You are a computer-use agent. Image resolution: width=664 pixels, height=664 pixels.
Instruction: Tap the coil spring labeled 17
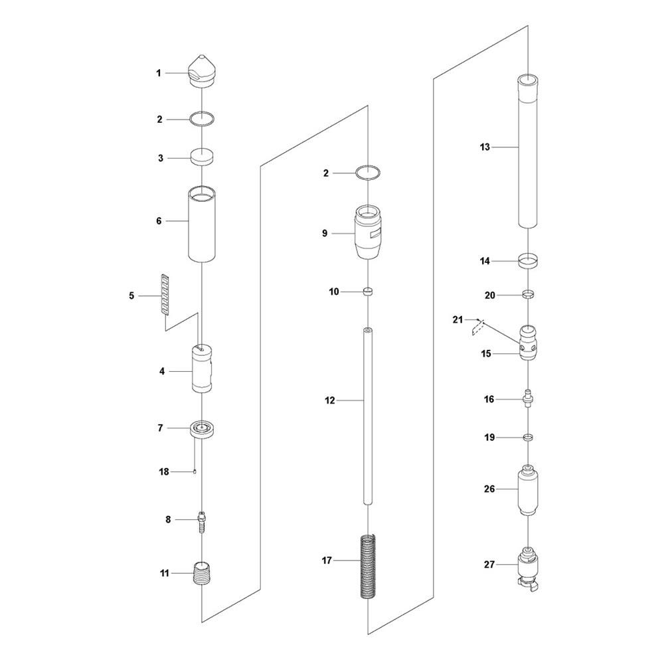click(369, 566)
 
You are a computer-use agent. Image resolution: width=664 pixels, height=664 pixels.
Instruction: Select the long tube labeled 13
click(529, 151)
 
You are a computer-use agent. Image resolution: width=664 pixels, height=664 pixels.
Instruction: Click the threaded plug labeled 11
click(202, 573)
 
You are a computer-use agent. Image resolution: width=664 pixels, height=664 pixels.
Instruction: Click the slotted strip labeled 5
click(165, 295)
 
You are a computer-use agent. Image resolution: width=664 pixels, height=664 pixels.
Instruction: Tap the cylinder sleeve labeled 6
click(202, 224)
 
